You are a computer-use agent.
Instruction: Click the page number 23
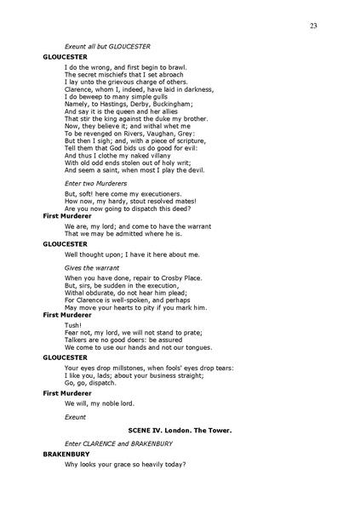click(x=314, y=26)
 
